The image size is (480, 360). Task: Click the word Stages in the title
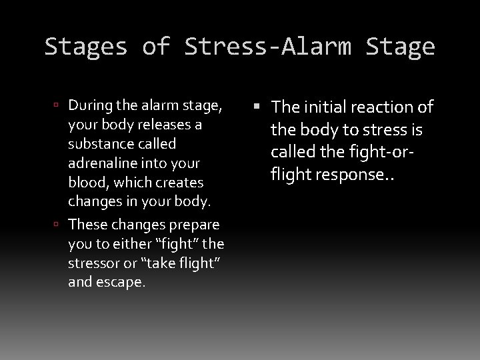(x=85, y=47)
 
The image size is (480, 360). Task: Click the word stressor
(x=93, y=263)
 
